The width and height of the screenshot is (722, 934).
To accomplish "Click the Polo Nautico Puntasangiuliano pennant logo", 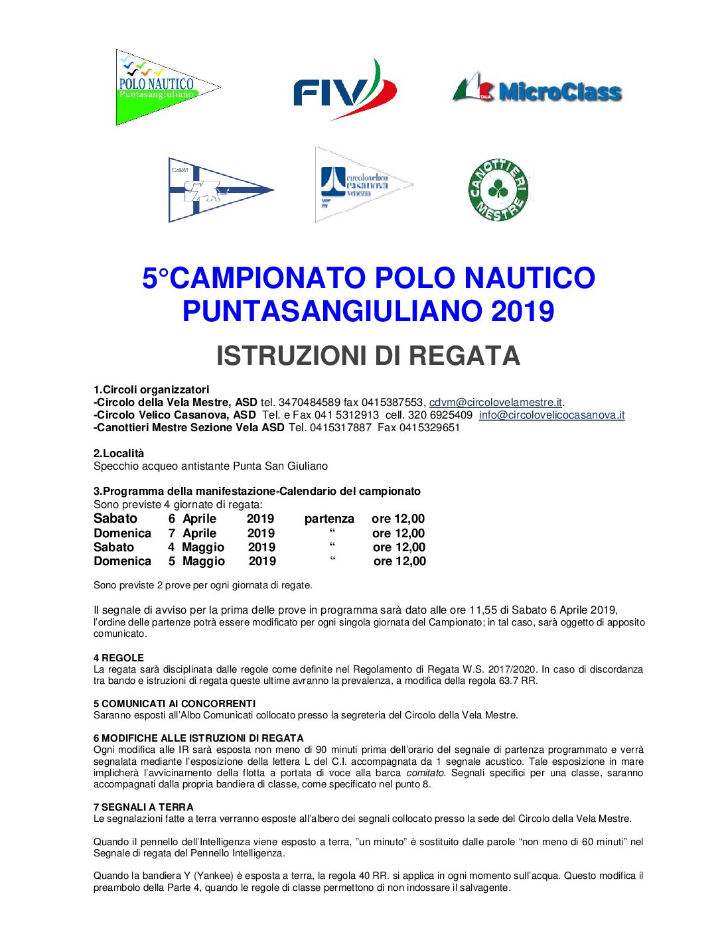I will pos(166,87).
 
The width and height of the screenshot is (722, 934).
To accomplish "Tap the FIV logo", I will pos(345,90).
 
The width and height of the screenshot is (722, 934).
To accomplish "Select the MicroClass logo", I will pos(538,90).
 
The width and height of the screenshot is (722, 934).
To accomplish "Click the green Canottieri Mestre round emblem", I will pos(498,190).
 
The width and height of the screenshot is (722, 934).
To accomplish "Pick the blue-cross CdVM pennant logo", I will pos(219,190).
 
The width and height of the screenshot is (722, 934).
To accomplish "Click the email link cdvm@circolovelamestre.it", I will pos(496,402).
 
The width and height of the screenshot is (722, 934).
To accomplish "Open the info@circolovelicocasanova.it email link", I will pos(551,415).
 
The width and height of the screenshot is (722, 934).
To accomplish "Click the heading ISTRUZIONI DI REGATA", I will pos(368,356).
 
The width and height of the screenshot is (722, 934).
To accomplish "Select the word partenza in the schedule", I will pos(329,519).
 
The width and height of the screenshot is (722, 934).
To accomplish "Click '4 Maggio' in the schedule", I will pos(196,547).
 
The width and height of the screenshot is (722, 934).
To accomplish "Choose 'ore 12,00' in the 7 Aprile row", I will pos(398,533).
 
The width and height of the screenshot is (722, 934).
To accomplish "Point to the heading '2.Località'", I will pos(119,453).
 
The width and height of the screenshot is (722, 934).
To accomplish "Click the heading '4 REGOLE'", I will pos(119,658).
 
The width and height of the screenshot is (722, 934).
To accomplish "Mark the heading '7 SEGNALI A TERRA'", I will pos(143,807).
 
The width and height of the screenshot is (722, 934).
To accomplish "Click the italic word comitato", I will pos(425,773).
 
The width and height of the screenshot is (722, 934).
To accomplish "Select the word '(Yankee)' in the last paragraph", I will pos(213,876).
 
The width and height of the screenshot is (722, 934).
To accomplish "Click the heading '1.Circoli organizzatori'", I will pos(151,389).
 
